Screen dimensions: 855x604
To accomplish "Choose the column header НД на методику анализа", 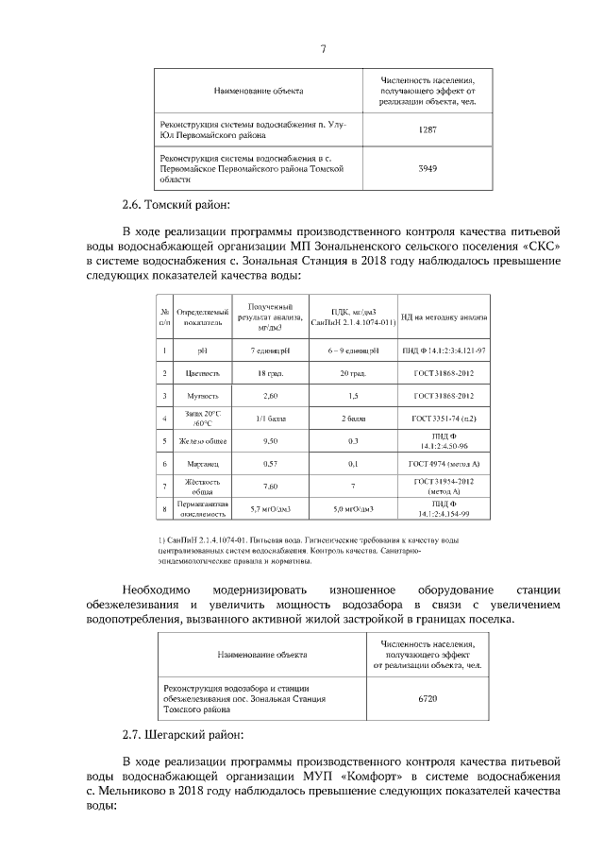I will (x=443, y=316).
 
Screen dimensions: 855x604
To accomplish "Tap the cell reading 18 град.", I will (x=269, y=374).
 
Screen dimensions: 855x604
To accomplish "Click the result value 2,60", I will (x=270, y=396).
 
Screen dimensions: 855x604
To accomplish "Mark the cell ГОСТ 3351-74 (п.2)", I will (x=443, y=419).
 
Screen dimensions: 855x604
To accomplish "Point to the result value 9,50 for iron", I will (x=270, y=441).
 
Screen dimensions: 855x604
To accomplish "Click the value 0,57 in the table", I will (x=270, y=464).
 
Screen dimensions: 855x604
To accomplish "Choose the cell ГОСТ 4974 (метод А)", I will (x=443, y=464).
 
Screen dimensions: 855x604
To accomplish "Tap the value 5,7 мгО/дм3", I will (x=270, y=510).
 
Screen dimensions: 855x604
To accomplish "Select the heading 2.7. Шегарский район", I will (x=183, y=733).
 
